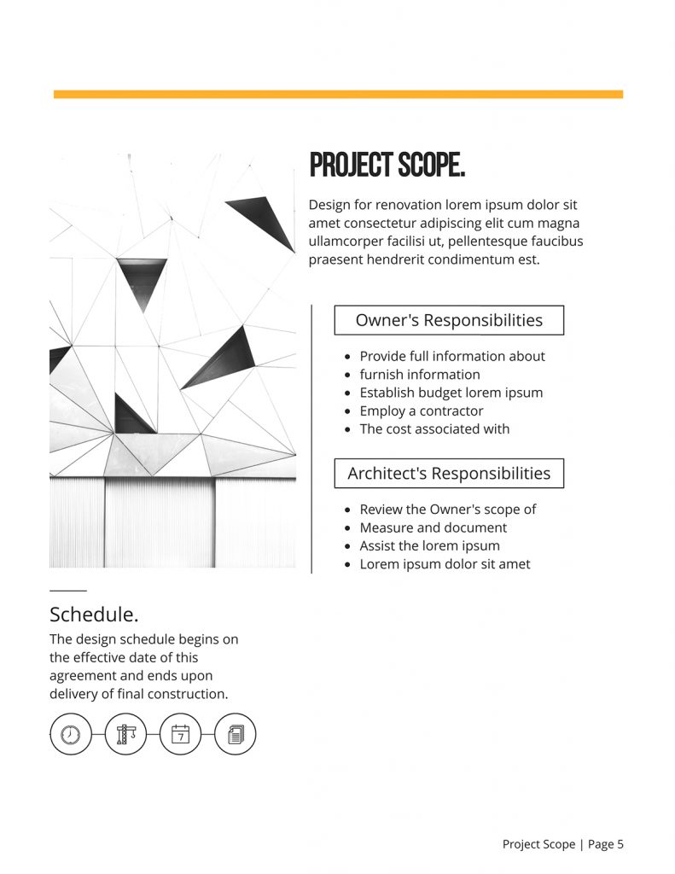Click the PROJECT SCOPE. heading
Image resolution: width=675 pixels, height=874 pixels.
tap(387, 166)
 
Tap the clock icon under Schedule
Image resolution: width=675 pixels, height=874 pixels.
tap(70, 734)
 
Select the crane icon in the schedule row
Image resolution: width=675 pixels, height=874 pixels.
tap(125, 734)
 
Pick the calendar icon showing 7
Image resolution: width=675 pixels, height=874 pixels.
tap(180, 734)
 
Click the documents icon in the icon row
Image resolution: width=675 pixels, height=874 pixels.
tap(235, 734)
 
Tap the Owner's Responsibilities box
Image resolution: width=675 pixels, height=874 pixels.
tap(449, 320)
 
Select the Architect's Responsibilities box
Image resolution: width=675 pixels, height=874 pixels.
tap(449, 473)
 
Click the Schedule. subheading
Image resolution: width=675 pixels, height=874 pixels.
tap(94, 615)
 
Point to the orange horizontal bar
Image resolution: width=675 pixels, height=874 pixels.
tap(338, 94)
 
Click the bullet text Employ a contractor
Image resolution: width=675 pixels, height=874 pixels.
tap(421, 411)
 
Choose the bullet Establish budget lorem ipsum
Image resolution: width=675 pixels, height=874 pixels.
tap(451, 393)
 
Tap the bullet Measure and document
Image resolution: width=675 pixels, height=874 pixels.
tap(433, 527)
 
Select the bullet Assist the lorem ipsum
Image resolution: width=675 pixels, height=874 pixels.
tap(429, 545)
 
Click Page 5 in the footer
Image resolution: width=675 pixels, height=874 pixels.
tap(606, 844)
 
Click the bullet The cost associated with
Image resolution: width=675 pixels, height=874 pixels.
tap(434, 428)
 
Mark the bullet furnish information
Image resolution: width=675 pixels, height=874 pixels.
tap(419, 375)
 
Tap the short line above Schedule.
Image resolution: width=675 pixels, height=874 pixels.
tap(68, 590)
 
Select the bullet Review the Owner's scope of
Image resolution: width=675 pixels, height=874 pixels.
tap(447, 510)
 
